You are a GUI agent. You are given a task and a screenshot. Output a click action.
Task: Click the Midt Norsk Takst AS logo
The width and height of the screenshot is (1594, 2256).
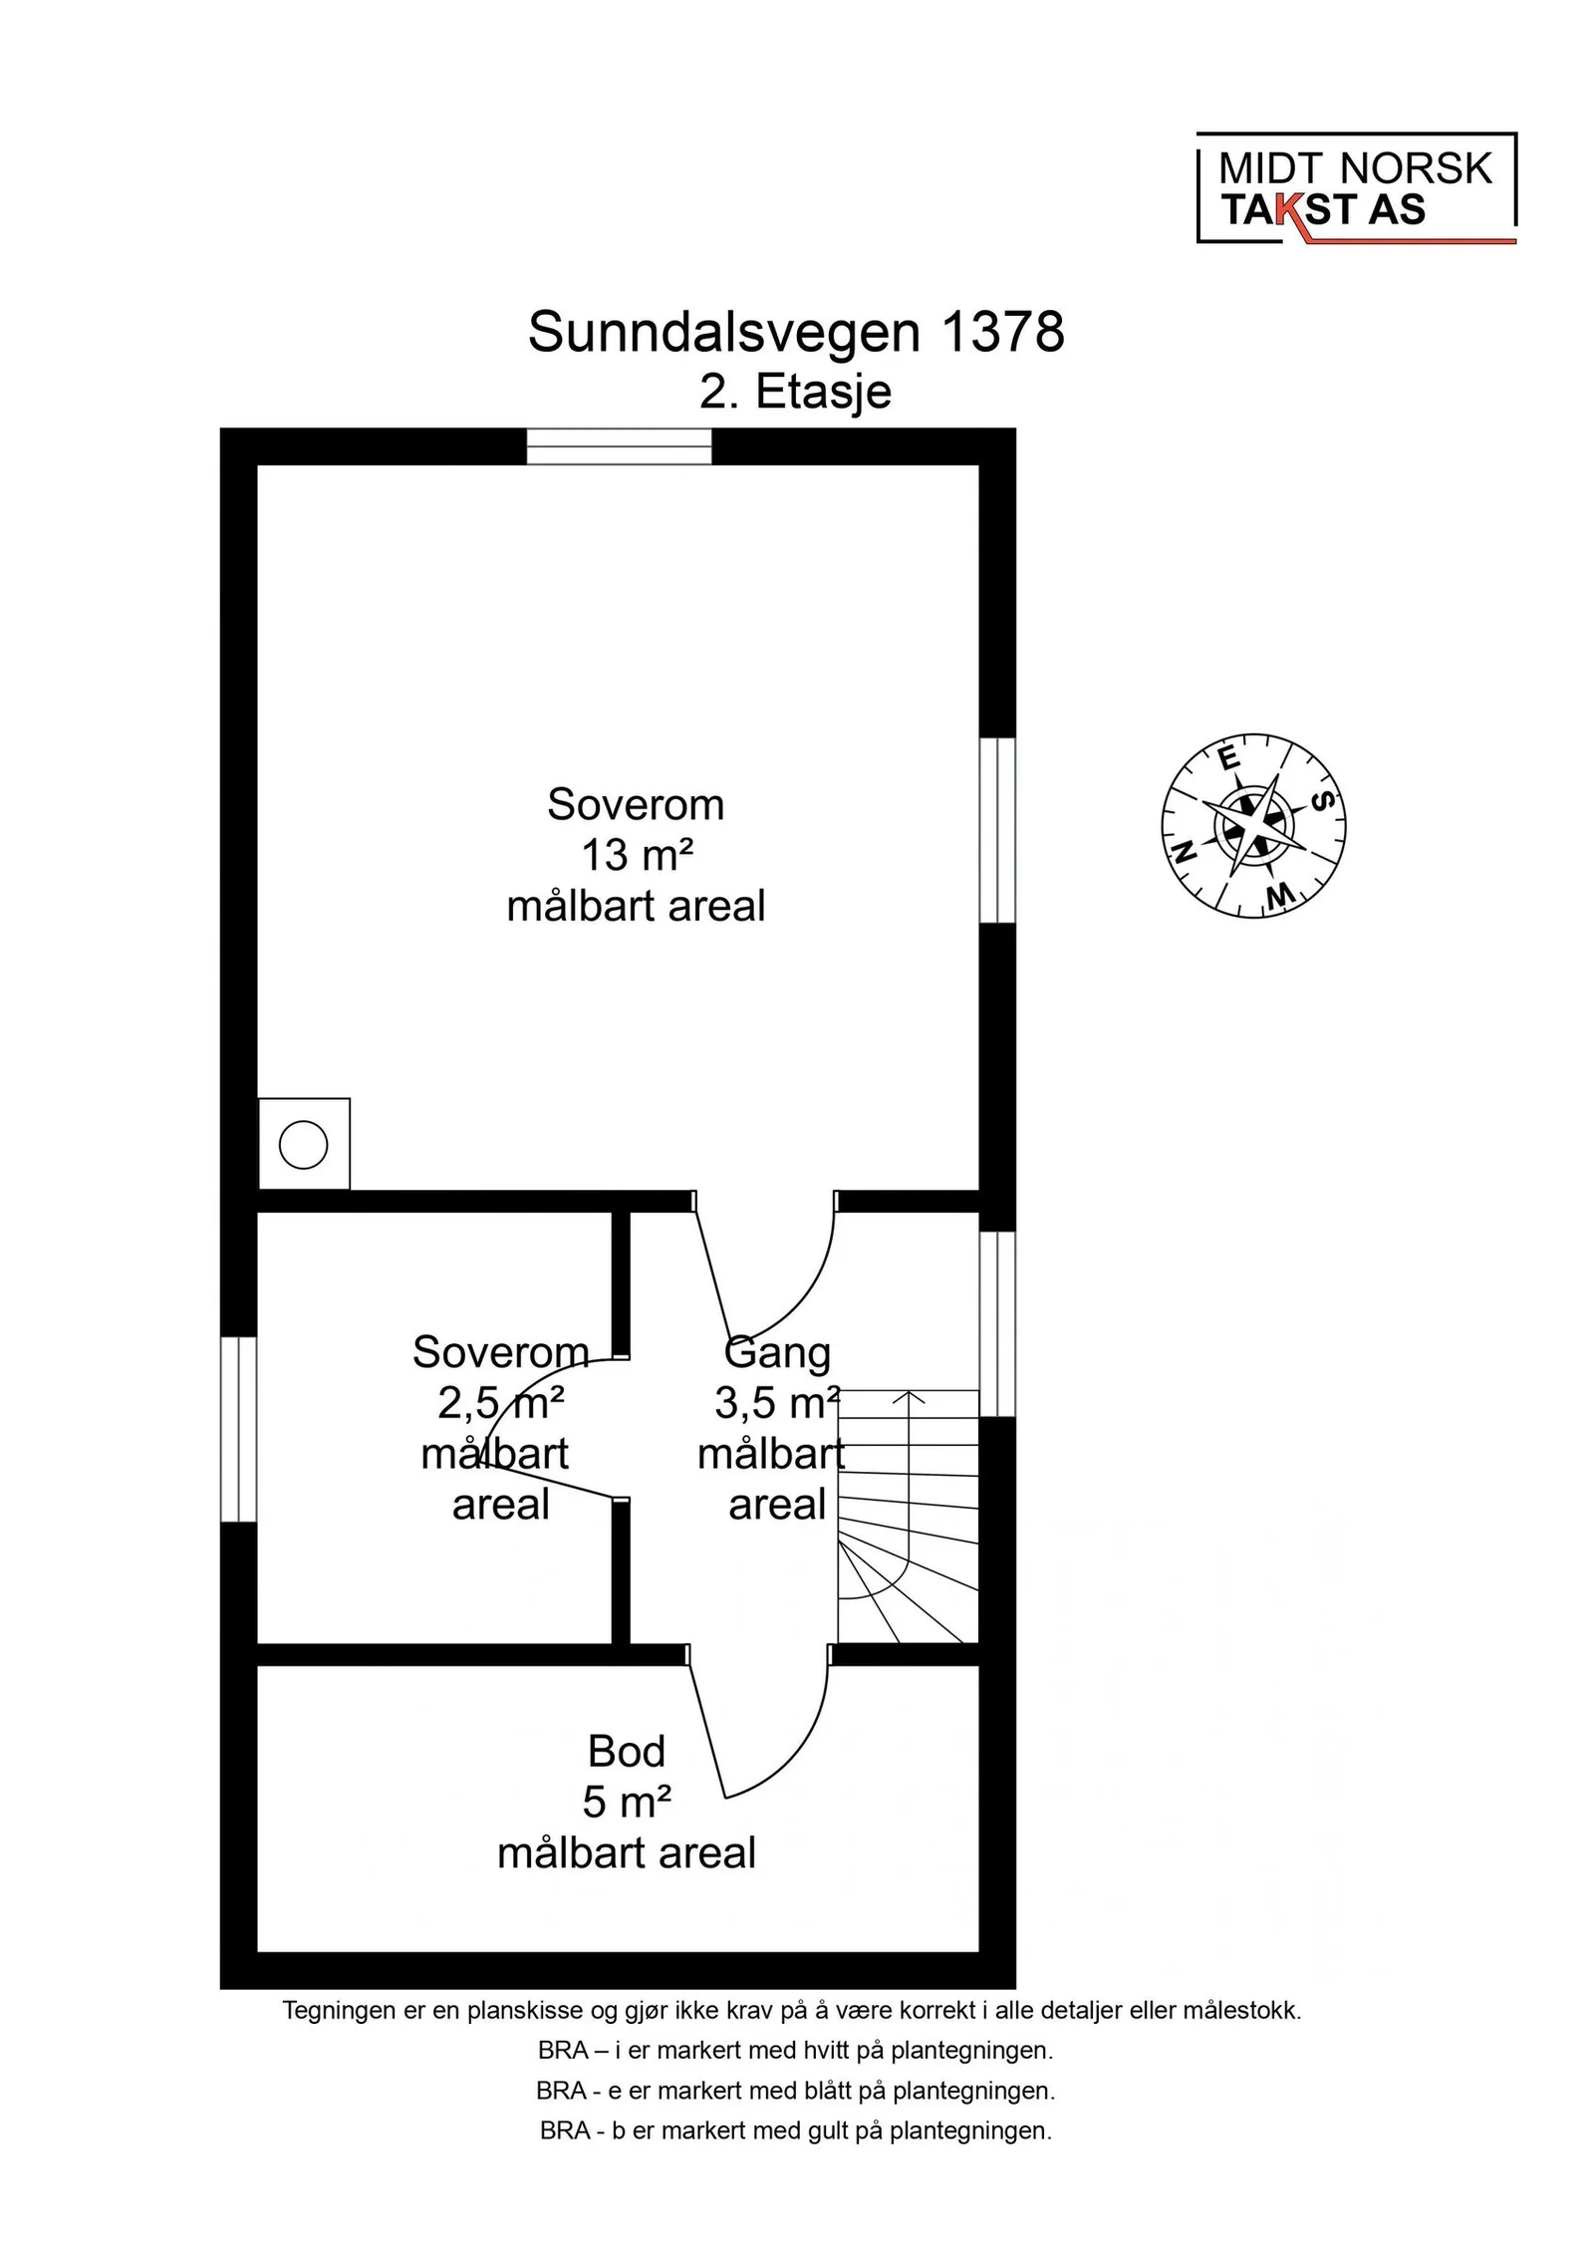[1356, 188]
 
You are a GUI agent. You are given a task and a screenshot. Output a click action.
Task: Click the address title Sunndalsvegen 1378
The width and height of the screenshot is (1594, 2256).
[796, 332]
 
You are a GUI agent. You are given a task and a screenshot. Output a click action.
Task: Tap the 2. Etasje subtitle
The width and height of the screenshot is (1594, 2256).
[795, 392]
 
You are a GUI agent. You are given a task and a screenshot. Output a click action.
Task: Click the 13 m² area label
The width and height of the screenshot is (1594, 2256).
[636, 855]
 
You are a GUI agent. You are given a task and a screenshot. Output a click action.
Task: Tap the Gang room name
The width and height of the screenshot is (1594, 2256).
[777, 1354]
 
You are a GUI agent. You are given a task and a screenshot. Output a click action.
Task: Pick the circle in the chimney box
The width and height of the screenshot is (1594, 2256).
[304, 1144]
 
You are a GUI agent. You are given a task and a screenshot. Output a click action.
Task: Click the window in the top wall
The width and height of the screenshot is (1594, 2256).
[619, 446]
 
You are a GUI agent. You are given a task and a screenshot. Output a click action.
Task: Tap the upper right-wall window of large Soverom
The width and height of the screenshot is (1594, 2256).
[997, 830]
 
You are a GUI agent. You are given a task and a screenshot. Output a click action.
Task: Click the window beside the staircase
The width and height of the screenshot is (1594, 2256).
[997, 1323]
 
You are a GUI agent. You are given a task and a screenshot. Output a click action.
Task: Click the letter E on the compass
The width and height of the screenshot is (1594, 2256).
[1230, 758]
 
